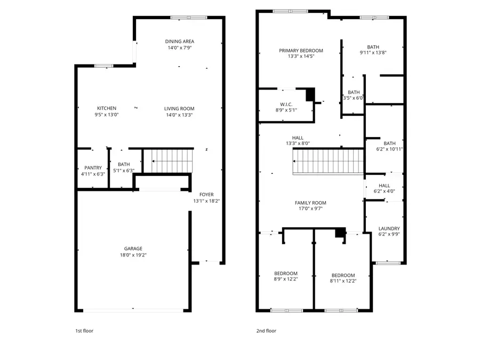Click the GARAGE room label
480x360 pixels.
[x=133, y=249]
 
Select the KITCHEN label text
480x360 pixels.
[x=106, y=108]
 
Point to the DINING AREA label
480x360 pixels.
[x=179, y=42]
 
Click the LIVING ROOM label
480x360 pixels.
[x=179, y=108]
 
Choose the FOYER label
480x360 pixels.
[x=206, y=195]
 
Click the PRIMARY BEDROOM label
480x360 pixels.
[x=301, y=51]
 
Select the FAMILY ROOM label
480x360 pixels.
[x=310, y=203]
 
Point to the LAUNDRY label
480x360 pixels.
[x=389, y=228]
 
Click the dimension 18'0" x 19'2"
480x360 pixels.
[x=133, y=255]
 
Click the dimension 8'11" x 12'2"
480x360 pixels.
[x=342, y=281]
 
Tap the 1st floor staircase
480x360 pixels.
[x=171, y=161]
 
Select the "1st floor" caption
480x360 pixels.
[x=84, y=331]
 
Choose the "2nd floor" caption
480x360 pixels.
[x=267, y=331]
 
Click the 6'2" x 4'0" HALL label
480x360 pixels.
[x=384, y=188]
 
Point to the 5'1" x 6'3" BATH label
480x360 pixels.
[x=124, y=167]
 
